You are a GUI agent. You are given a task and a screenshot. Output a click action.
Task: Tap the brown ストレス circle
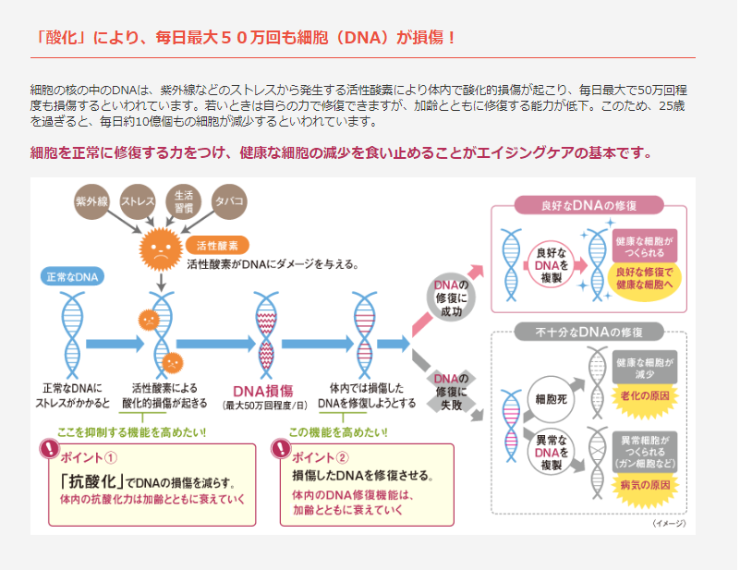pos(138,201)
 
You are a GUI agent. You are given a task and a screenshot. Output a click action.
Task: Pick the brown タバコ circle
pos(228,201)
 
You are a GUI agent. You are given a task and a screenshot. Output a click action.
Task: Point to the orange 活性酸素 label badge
pos(218,246)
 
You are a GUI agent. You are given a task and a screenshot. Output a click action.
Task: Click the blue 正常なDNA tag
pos(75,276)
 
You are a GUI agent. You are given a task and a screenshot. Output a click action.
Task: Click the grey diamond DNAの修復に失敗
pos(451,385)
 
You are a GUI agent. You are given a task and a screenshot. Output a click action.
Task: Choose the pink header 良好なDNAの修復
pos(588,205)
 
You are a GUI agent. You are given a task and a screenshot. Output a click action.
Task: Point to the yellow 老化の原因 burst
pos(645,394)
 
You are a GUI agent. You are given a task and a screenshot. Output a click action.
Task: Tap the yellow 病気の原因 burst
pos(645,485)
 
